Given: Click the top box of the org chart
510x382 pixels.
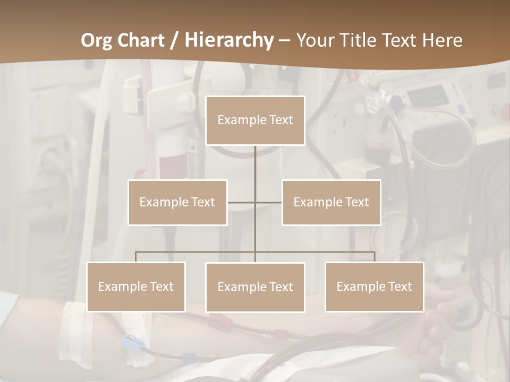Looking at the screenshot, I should coord(255,120).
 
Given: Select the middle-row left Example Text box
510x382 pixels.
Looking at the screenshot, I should coord(177,202).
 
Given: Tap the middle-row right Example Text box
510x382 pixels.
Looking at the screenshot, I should coord(331,202).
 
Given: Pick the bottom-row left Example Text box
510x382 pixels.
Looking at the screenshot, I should coord(136,286).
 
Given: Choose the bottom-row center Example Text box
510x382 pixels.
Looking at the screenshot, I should coord(255,287).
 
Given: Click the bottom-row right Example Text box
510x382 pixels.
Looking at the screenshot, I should coord(374,286).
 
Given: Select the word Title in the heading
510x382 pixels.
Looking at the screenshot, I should coord(359,40).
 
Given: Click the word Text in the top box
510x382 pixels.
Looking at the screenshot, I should coord(280,120).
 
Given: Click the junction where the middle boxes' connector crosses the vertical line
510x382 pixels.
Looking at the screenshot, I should coord(255,202).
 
